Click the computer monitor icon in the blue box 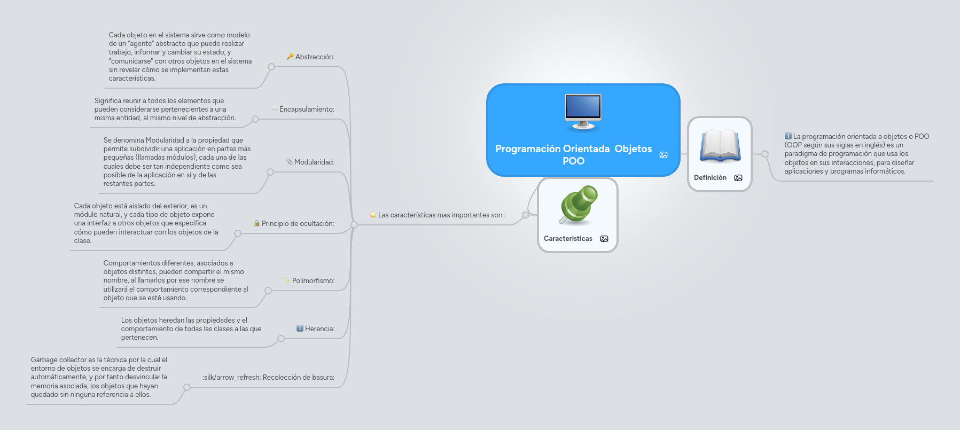click(x=583, y=111)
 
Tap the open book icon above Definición click(x=720, y=145)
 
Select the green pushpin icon click(x=578, y=204)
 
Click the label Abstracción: click(x=315, y=57)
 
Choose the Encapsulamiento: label click(x=307, y=110)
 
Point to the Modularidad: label click(x=314, y=162)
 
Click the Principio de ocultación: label click(x=298, y=224)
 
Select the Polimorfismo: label click(x=313, y=281)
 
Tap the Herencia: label click(x=319, y=329)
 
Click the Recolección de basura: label click(x=298, y=378)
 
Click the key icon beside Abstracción click(x=290, y=57)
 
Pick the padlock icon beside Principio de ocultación click(x=257, y=223)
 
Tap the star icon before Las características click(x=373, y=215)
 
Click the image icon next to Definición click(x=738, y=178)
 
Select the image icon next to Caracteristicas click(x=604, y=239)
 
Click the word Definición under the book click(x=710, y=178)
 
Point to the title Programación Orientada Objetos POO click(x=573, y=155)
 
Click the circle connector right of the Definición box click(x=765, y=154)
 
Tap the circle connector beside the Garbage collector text click(x=187, y=387)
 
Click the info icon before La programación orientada click(x=788, y=136)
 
